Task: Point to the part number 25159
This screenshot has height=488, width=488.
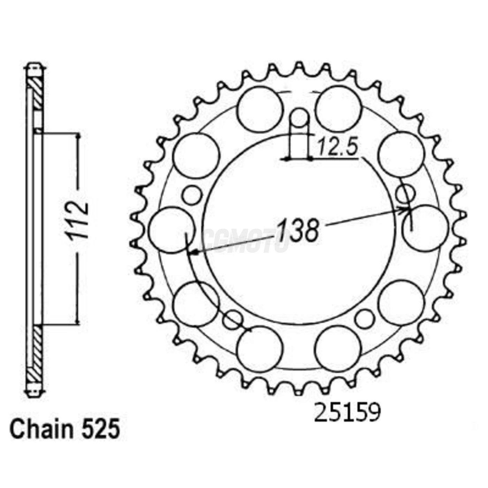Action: tap(347, 413)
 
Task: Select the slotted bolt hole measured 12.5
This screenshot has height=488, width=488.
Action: tap(299, 120)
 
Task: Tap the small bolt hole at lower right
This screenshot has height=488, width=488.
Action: tap(365, 319)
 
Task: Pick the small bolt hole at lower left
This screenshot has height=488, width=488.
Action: tap(233, 319)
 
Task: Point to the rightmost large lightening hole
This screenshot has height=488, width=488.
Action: tap(425, 228)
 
